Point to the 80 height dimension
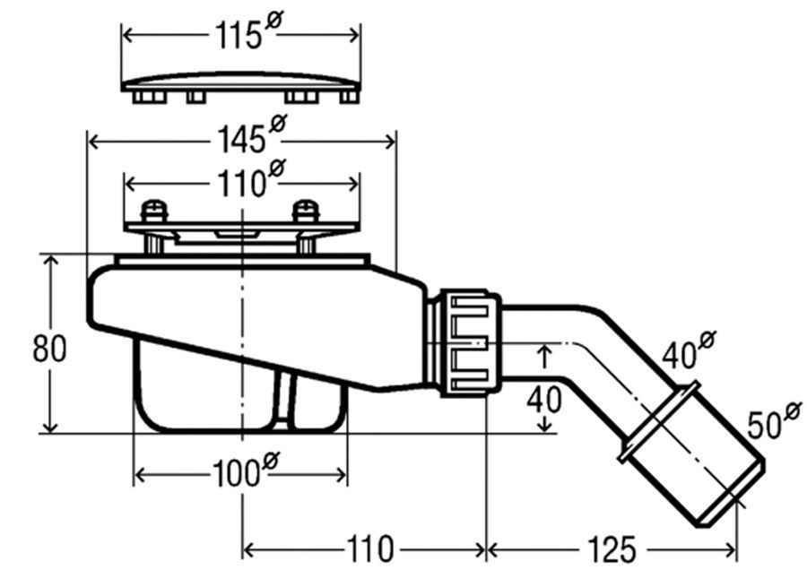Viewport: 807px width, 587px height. click(49, 349)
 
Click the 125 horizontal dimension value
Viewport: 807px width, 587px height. click(612, 549)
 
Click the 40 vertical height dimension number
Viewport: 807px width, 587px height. click(544, 400)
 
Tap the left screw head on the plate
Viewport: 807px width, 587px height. click(155, 210)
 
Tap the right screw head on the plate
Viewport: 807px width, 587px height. click(306, 210)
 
